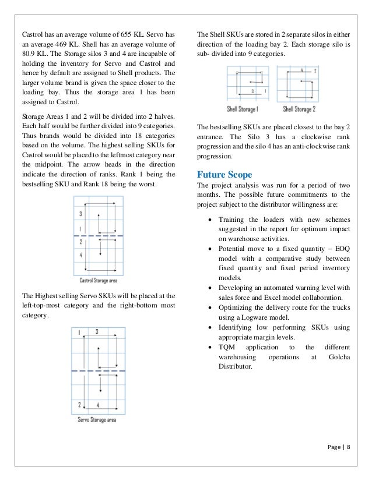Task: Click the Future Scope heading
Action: pos(224,174)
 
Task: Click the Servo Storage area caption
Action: pos(97,419)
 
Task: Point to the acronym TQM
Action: pos(227,346)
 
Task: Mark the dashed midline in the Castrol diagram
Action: pos(98,235)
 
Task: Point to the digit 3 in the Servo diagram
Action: pos(96,332)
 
